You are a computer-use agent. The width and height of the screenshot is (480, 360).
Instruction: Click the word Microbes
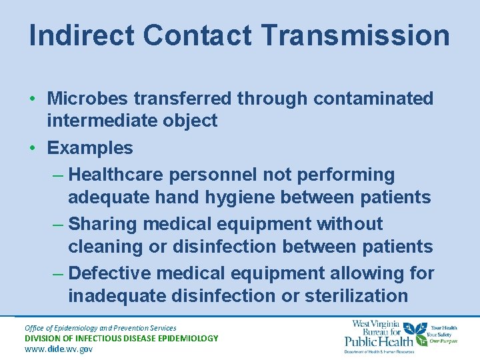(87, 99)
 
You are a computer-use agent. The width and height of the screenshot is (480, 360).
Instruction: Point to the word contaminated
(373, 99)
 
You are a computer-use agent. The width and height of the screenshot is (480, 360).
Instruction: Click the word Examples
(90, 148)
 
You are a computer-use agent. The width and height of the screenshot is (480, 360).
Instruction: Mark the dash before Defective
(58, 273)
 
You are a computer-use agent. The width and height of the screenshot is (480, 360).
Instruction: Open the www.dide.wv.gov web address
(58, 349)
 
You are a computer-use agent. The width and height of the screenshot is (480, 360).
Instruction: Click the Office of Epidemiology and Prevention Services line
(100, 327)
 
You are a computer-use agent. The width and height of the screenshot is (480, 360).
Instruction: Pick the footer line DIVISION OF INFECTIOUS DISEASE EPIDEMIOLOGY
(121, 338)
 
